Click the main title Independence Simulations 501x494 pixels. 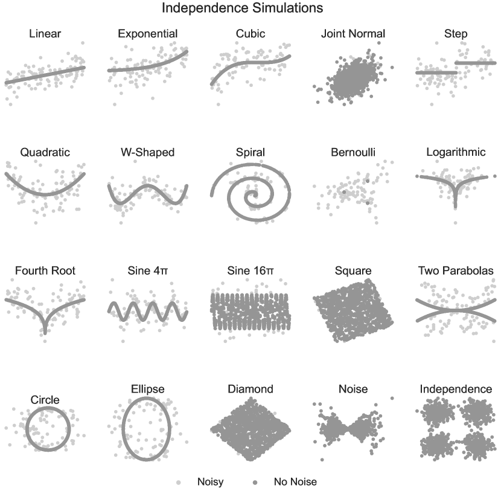point(242,8)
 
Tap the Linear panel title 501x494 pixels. point(45,34)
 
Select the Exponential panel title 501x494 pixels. point(148,34)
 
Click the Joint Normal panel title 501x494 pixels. point(353,34)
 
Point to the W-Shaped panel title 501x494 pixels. point(148,152)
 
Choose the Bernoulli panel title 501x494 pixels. point(353,152)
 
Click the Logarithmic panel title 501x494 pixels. point(456,152)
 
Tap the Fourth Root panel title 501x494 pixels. point(45,271)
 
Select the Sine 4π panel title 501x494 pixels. point(148,271)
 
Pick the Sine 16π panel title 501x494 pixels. point(250,271)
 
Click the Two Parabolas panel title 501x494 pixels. point(456,271)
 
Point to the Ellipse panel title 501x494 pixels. point(148,389)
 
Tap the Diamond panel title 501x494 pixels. point(250,389)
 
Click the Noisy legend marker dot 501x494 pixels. point(179,482)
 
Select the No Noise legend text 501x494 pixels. point(295,482)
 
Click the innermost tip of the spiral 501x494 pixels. point(255,193)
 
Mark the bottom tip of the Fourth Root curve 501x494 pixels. point(45,333)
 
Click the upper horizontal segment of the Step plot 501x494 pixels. point(476,63)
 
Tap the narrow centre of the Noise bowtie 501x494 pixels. point(346,429)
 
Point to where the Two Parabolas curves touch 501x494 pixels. point(456,310)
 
